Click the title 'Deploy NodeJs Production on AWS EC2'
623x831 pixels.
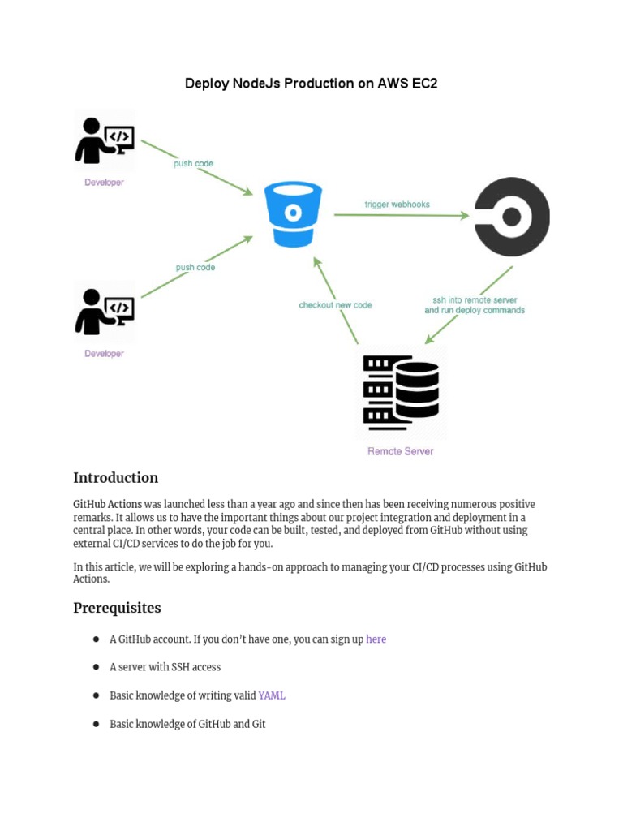pyautogui.click(x=311, y=84)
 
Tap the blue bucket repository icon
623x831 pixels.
pyautogui.click(x=294, y=214)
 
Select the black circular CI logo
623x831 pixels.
pyautogui.click(x=512, y=217)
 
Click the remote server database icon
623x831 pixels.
pyautogui.click(x=401, y=393)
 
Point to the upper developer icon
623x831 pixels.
pyautogui.click(x=105, y=141)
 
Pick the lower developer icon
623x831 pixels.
pyautogui.click(x=105, y=312)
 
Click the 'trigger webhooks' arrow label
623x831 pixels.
pyautogui.click(x=397, y=205)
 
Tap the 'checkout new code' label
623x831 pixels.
pyautogui.click(x=335, y=305)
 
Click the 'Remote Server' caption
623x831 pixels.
pyautogui.click(x=401, y=451)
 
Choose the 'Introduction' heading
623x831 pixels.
pyautogui.click(x=115, y=478)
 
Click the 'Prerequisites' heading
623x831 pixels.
pyautogui.click(x=117, y=608)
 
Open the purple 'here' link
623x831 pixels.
pyautogui.click(x=376, y=639)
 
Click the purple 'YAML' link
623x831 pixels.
pyautogui.click(x=272, y=695)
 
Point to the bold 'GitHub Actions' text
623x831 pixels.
pyautogui.click(x=107, y=504)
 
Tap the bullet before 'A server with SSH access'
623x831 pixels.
pyautogui.click(x=96, y=667)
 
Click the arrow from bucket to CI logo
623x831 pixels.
pyautogui.click(x=401, y=216)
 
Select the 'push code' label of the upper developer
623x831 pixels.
pyautogui.click(x=193, y=163)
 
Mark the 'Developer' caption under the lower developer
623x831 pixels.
pyautogui.click(x=105, y=354)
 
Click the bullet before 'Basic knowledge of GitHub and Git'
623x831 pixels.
pyautogui.click(x=96, y=724)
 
